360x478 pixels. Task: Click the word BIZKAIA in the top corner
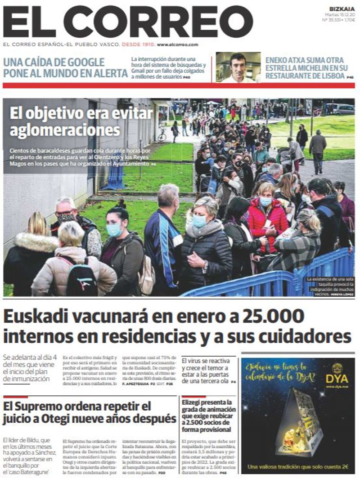[342, 9]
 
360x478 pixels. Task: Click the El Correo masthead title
[128, 22]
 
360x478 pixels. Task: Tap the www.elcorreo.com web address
[178, 45]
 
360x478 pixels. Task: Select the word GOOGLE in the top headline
[86, 62]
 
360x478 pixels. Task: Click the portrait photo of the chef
[238, 67]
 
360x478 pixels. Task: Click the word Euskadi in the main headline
[34, 317]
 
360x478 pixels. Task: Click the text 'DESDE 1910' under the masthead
[139, 45]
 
